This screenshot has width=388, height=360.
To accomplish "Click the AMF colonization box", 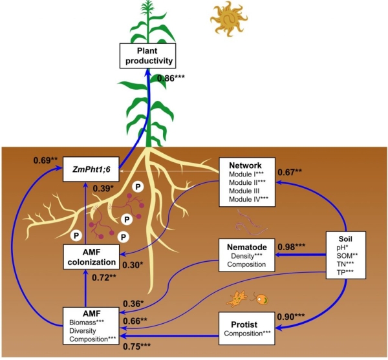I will [x=91, y=258].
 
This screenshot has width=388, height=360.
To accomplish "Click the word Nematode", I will [x=247, y=246].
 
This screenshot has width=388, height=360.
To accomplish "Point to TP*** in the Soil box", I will [x=347, y=273].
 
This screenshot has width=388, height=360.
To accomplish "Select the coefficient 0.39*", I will [x=111, y=188].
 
